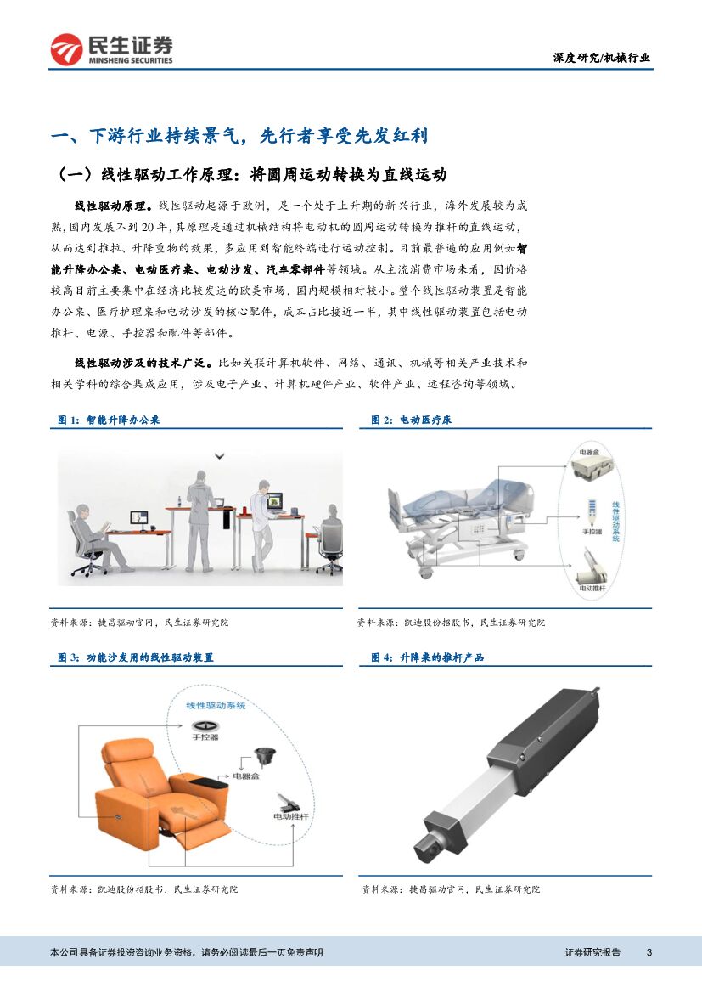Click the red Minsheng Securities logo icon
(x=66, y=49)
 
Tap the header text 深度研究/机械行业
(x=601, y=58)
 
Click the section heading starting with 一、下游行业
(x=239, y=136)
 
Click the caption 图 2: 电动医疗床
(x=412, y=420)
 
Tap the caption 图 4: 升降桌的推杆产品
(x=428, y=657)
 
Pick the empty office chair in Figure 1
(x=329, y=544)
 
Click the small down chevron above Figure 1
(x=220, y=455)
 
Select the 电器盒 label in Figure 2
(x=589, y=452)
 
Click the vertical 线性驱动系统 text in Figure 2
(x=616, y=522)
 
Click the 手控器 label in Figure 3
(x=205, y=736)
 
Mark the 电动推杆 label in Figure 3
(x=290, y=816)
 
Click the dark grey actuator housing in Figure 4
(x=544, y=741)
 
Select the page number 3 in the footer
(x=649, y=952)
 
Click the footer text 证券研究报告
(x=592, y=952)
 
